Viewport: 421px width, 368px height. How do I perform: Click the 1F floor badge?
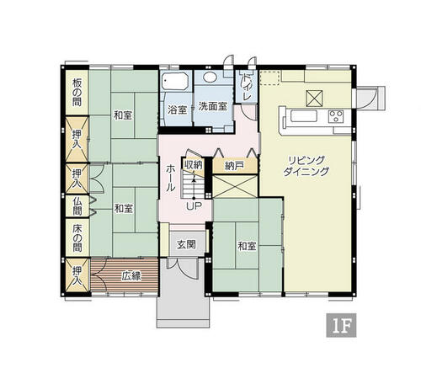pos(341,325)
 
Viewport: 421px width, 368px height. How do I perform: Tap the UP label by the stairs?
pos(194,206)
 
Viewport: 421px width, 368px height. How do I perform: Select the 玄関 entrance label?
pos(186,245)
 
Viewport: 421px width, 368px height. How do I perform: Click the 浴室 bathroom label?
pos(178,109)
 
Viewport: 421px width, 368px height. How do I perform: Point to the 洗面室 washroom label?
pos(213,106)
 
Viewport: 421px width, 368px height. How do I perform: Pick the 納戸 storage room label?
pos(234,166)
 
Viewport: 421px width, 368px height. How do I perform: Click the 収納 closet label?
pos(193,164)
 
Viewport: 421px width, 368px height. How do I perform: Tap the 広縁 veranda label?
pos(131,276)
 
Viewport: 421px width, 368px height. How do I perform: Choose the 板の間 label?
pos(77,93)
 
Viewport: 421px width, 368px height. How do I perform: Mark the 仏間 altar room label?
pos(77,206)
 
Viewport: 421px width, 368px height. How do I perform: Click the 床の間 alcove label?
pos(77,238)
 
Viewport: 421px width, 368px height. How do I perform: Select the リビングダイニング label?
pos(306,166)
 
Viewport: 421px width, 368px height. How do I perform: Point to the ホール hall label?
pos(170,179)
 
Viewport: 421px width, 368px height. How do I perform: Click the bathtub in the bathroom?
pos(175,81)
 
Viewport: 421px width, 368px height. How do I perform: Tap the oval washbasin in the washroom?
pos(213,77)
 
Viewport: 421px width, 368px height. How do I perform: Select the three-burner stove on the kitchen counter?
pos(336,116)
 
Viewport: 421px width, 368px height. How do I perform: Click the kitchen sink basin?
pos(304,116)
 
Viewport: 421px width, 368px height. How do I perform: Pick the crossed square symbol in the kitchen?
pos(314,99)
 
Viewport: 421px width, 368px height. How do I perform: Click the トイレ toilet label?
pos(246,87)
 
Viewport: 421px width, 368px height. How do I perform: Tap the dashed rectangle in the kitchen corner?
pos(270,77)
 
